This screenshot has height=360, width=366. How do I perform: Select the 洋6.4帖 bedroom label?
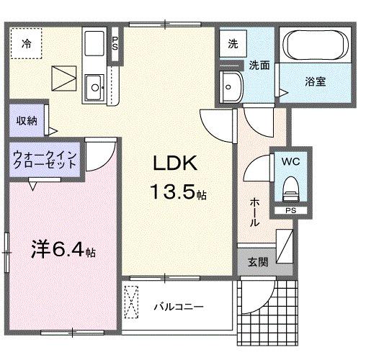click(x=63, y=252)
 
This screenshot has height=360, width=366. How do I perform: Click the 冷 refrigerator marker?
click(x=24, y=42)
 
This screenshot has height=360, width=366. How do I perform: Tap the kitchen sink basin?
click(x=93, y=90)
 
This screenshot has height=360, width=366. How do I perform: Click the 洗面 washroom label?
click(x=259, y=65)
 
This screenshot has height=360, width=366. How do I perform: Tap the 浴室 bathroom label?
click(x=314, y=81)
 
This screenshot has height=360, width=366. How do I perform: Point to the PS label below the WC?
click(x=290, y=210)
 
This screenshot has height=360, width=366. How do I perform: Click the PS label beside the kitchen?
click(x=115, y=42)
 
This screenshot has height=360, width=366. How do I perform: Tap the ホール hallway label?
click(x=254, y=212)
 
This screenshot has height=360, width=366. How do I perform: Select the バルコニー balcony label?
click(x=178, y=307)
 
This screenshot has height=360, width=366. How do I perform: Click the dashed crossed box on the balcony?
click(x=132, y=302)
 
